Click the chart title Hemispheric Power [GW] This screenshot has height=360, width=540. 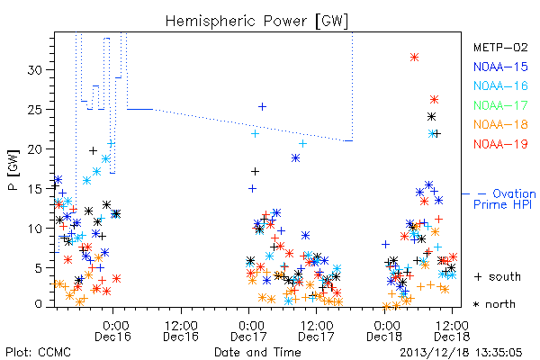256,22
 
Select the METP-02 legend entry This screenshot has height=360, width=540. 500,47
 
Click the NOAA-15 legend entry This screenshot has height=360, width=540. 500,67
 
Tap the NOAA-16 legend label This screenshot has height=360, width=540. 500,85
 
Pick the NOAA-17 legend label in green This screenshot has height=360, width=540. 500,105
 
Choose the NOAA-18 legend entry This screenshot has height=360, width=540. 500,124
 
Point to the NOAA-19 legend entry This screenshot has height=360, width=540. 500,144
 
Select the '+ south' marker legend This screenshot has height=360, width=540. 498,276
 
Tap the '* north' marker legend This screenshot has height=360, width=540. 494,304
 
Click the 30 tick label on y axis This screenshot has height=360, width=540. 34,70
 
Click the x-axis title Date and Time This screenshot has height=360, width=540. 257,352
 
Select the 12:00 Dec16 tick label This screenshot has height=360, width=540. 181,331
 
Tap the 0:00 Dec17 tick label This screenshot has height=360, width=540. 248,331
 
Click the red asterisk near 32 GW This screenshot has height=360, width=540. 414,58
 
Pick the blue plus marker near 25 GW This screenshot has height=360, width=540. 262,107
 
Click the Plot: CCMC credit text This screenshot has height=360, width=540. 38,353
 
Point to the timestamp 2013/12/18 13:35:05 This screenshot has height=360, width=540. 461,353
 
